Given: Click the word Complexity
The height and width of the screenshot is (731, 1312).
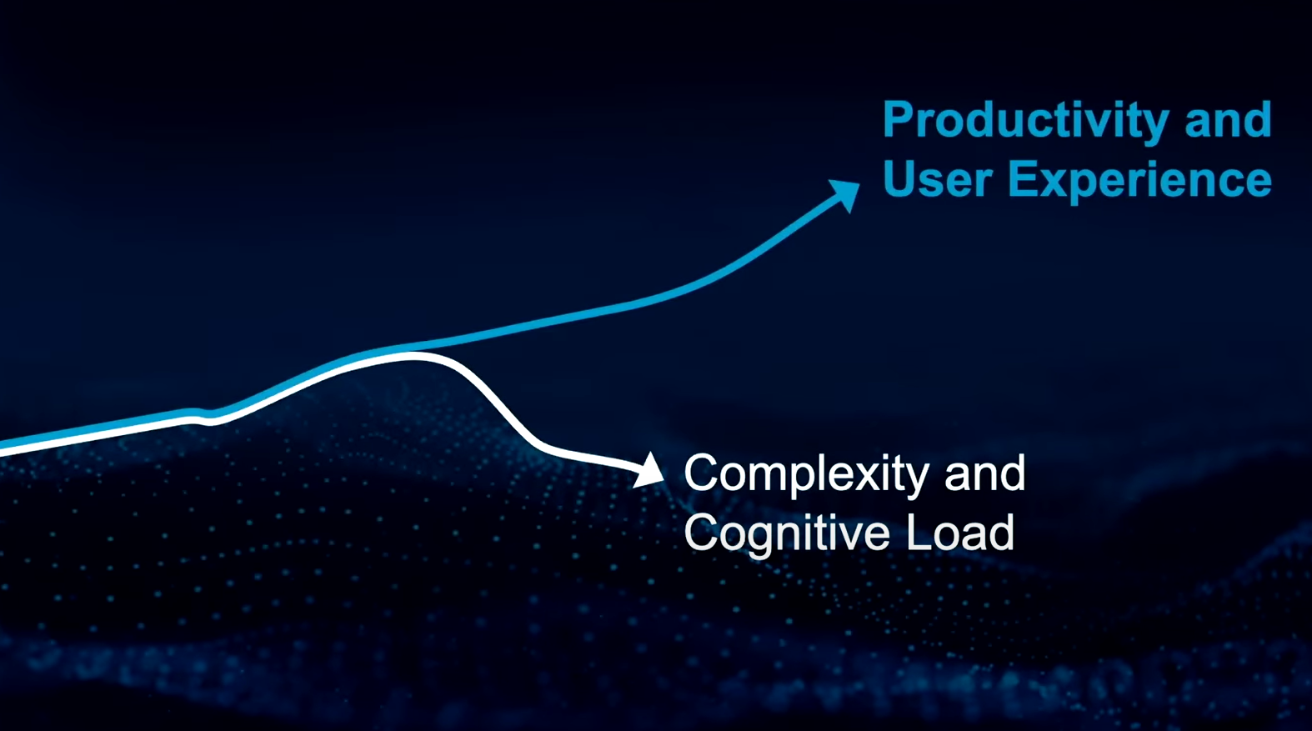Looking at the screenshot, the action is (x=805, y=474).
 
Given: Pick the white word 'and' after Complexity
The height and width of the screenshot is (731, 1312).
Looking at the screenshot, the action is (x=984, y=473).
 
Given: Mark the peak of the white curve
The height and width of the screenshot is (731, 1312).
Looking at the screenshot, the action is (x=410, y=354).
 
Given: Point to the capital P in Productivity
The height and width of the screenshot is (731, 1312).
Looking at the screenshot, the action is (x=898, y=120).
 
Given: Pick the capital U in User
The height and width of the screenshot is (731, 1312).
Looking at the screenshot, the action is (x=899, y=180).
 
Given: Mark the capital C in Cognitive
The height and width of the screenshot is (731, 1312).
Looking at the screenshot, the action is (x=701, y=533).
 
